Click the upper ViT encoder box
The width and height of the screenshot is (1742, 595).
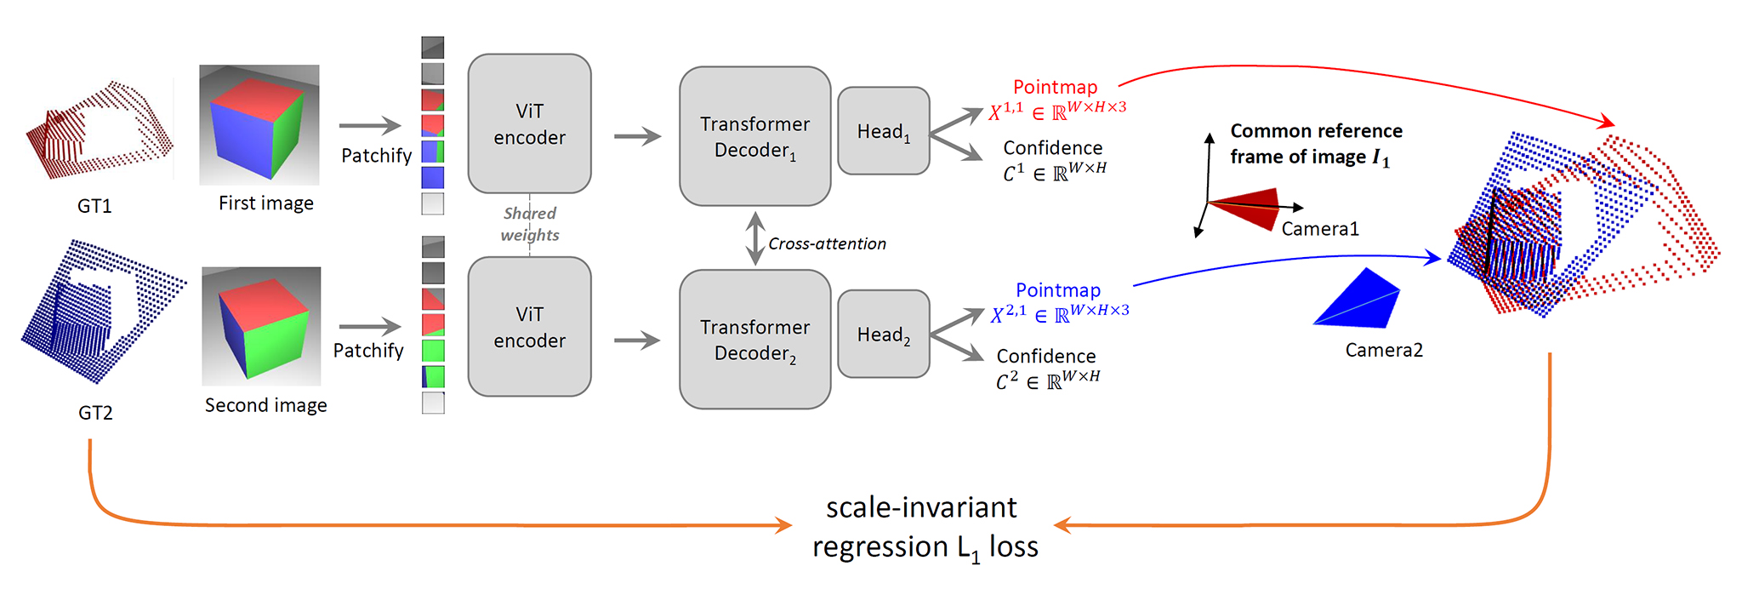529,123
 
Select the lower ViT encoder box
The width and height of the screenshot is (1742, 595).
529,327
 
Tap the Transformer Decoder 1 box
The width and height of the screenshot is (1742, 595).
754,136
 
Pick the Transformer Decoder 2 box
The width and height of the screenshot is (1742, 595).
754,340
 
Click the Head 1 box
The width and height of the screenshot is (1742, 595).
884,131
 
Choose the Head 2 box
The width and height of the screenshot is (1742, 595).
884,334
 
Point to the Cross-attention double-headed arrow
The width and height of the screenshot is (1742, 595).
754,238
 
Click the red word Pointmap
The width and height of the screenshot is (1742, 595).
1055,87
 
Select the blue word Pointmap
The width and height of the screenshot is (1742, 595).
1058,290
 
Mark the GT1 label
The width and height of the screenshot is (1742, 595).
94,206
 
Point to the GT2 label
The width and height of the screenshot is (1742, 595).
95,413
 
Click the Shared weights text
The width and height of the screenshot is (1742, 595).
529,224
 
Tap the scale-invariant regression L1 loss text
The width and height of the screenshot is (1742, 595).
925,528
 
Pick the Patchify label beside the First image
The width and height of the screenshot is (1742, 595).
376,156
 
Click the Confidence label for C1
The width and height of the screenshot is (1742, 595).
1053,148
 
